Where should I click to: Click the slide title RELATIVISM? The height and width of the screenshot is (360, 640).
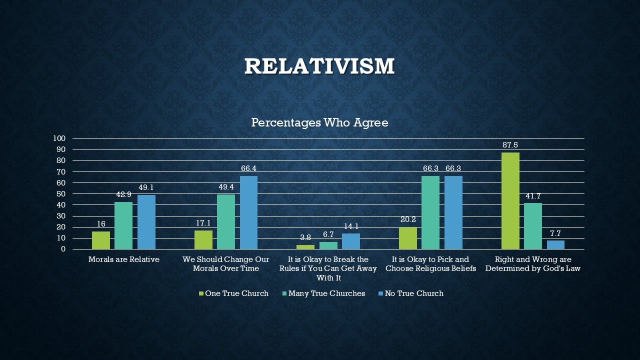point(319,66)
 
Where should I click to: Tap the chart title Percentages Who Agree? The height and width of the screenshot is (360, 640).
point(319,122)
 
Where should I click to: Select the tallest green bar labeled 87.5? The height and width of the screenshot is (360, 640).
point(510,200)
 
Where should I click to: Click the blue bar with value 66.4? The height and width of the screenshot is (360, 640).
point(248,212)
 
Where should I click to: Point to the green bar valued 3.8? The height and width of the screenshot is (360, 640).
point(305,247)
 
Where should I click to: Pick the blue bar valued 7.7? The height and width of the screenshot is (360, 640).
point(555,245)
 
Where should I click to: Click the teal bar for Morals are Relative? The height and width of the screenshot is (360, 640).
point(123,225)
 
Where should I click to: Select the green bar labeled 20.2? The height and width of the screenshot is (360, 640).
point(408,238)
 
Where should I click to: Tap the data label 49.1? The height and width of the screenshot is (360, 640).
point(146,187)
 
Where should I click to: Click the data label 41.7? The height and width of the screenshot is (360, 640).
point(533,196)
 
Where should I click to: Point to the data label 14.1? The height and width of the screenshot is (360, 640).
point(351,226)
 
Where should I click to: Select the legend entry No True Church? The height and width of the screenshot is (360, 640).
point(413,293)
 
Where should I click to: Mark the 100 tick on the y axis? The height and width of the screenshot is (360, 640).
point(59,138)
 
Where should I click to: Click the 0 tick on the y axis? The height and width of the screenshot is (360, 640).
point(63,249)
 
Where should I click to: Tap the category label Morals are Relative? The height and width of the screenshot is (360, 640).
point(123,259)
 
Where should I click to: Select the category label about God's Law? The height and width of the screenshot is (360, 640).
point(532,264)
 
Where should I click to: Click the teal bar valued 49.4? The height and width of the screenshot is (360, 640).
point(226,221)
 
